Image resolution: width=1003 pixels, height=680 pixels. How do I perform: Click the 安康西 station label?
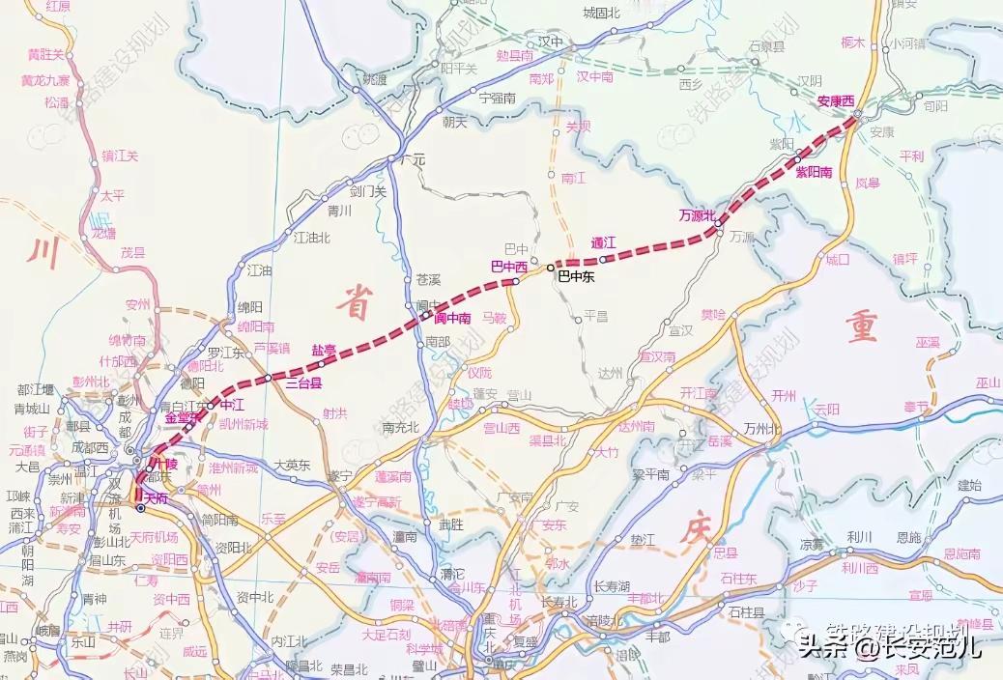coord(836,100)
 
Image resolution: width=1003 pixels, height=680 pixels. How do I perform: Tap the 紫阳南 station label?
coord(814,171)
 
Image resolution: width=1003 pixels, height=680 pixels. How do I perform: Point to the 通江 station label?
coord(604,242)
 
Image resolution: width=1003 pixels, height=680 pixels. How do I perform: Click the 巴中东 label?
coord(576,275)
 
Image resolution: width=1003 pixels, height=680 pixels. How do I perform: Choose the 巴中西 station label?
coord(509,266)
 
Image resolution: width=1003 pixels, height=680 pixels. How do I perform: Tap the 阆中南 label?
coord(451,318)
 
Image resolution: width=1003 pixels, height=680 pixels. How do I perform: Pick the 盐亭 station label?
coord(323,350)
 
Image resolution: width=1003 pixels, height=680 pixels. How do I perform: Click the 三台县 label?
coord(302,383)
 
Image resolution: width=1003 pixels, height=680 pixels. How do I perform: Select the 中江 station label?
coord(232,405)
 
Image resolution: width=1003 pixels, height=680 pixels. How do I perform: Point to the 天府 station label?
coord(157,497)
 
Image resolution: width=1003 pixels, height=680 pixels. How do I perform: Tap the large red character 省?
coord(353,304)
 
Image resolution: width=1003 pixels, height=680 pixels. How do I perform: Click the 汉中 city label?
coord(550,42)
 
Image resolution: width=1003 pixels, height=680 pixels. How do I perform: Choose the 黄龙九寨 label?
coord(46,79)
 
